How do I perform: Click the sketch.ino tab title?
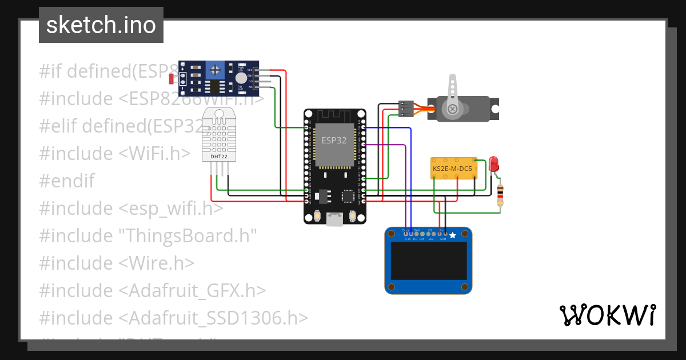[101, 25]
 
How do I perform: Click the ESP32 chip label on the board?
[333, 140]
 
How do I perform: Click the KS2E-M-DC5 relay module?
[453, 168]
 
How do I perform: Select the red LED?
[494, 165]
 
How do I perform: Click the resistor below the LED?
[500, 194]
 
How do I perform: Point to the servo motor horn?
[452, 95]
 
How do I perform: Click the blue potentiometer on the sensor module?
[215, 70]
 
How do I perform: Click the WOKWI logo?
[607, 315]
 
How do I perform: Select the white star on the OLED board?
[453, 235]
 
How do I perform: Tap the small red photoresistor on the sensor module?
[173, 79]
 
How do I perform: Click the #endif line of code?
[67, 181]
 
